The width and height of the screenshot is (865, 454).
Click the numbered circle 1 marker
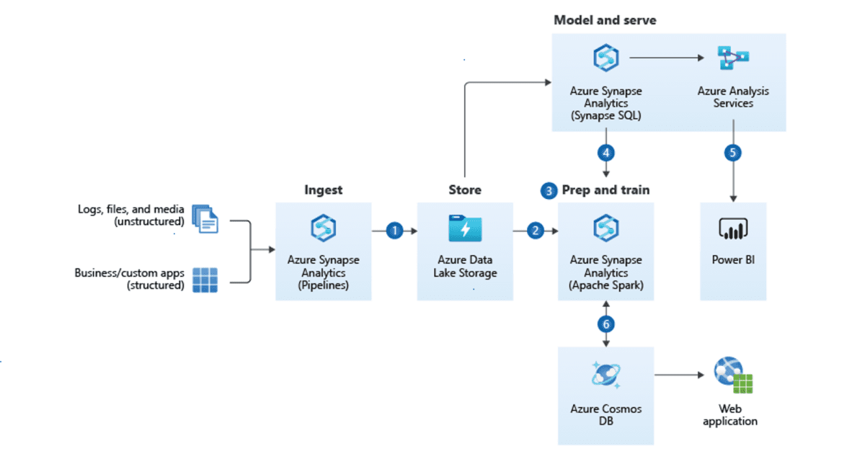tap(394, 231)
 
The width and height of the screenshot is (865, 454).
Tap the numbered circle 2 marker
tap(535, 231)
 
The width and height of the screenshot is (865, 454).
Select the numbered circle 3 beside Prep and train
tap(550, 191)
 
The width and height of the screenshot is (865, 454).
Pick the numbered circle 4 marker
tap(606, 153)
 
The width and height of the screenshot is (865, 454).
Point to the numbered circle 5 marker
tap(733, 153)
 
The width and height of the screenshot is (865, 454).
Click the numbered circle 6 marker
tap(606, 324)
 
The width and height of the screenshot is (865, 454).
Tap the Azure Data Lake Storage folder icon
tap(465, 229)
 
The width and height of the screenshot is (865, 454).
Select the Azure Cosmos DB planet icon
tap(606, 375)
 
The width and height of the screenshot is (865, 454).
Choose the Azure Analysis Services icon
tap(733, 58)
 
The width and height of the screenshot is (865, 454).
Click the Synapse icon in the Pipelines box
tap(324, 229)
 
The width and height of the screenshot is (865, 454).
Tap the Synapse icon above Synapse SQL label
tap(606, 58)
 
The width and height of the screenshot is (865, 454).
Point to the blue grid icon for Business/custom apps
tap(205, 280)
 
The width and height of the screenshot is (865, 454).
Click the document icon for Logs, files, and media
tap(205, 218)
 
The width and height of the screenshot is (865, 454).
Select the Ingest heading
tap(324, 190)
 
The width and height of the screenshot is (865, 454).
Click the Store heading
tap(465, 190)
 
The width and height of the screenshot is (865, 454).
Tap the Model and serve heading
tap(605, 20)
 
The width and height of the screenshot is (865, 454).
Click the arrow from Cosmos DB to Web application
tap(678, 375)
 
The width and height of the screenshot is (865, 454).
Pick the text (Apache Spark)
tap(606, 285)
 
